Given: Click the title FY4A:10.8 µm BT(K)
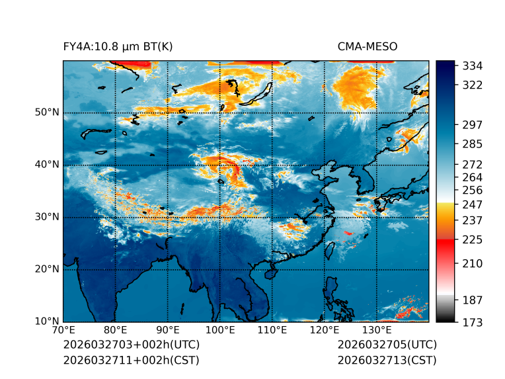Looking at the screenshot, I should (x=118, y=46).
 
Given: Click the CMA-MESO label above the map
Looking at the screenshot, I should (x=367, y=46).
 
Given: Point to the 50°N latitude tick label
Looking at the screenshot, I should (x=47, y=112).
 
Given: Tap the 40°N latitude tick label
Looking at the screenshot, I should (x=47, y=165).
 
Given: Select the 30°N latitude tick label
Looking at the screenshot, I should (x=47, y=217).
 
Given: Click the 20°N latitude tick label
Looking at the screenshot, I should (x=47, y=269).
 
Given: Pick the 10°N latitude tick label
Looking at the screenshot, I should (x=47, y=321).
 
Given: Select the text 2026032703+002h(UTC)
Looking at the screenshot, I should (x=131, y=345).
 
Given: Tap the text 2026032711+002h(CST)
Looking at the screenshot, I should (x=131, y=360).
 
